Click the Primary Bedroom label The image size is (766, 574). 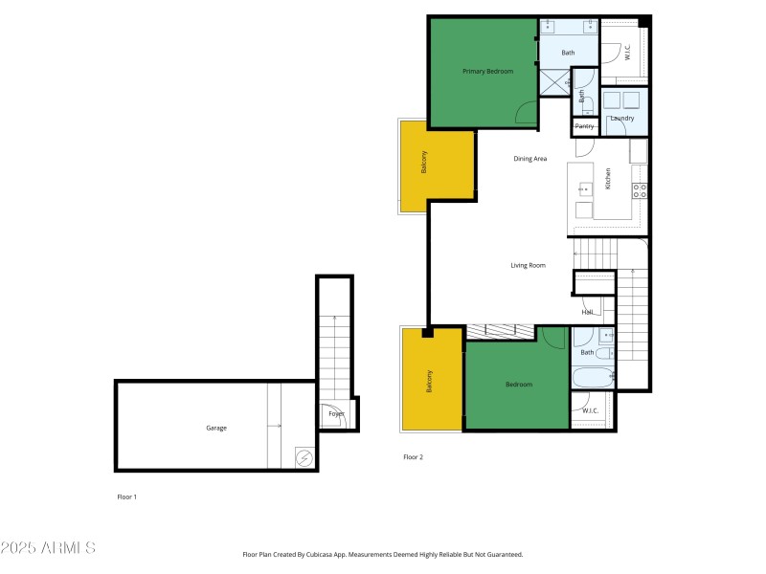click(487, 72)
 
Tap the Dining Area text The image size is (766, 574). click(529, 159)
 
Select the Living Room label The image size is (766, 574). click(528, 265)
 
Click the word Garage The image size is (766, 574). click(216, 428)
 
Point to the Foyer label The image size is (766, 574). click(336, 414)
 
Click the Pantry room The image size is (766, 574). click(584, 126)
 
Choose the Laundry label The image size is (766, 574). click(622, 118)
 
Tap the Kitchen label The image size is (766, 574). click(607, 179)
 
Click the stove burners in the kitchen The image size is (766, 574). click(640, 189)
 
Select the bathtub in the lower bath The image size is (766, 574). click(593, 378)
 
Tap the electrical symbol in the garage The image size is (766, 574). click(304, 458)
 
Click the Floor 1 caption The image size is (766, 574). click(127, 497)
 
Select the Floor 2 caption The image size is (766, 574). click(413, 457)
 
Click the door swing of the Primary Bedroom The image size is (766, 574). click(527, 114)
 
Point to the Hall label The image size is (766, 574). click(587, 312)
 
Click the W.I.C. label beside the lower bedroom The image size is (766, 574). click(591, 410)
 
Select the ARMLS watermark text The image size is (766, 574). click(48, 548)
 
